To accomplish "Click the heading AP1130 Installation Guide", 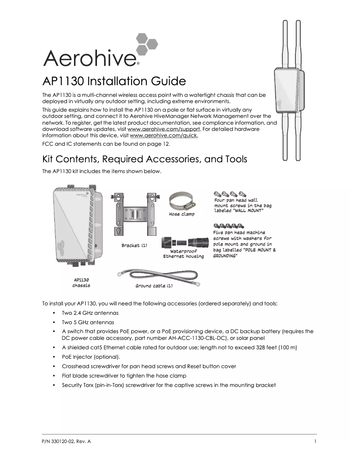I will pos(114,82).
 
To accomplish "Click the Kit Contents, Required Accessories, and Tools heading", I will pos(144,160).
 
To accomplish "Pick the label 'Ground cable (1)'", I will pos(154,286).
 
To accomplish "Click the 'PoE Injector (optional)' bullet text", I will pos(91,357).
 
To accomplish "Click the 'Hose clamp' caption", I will pos(182,214).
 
